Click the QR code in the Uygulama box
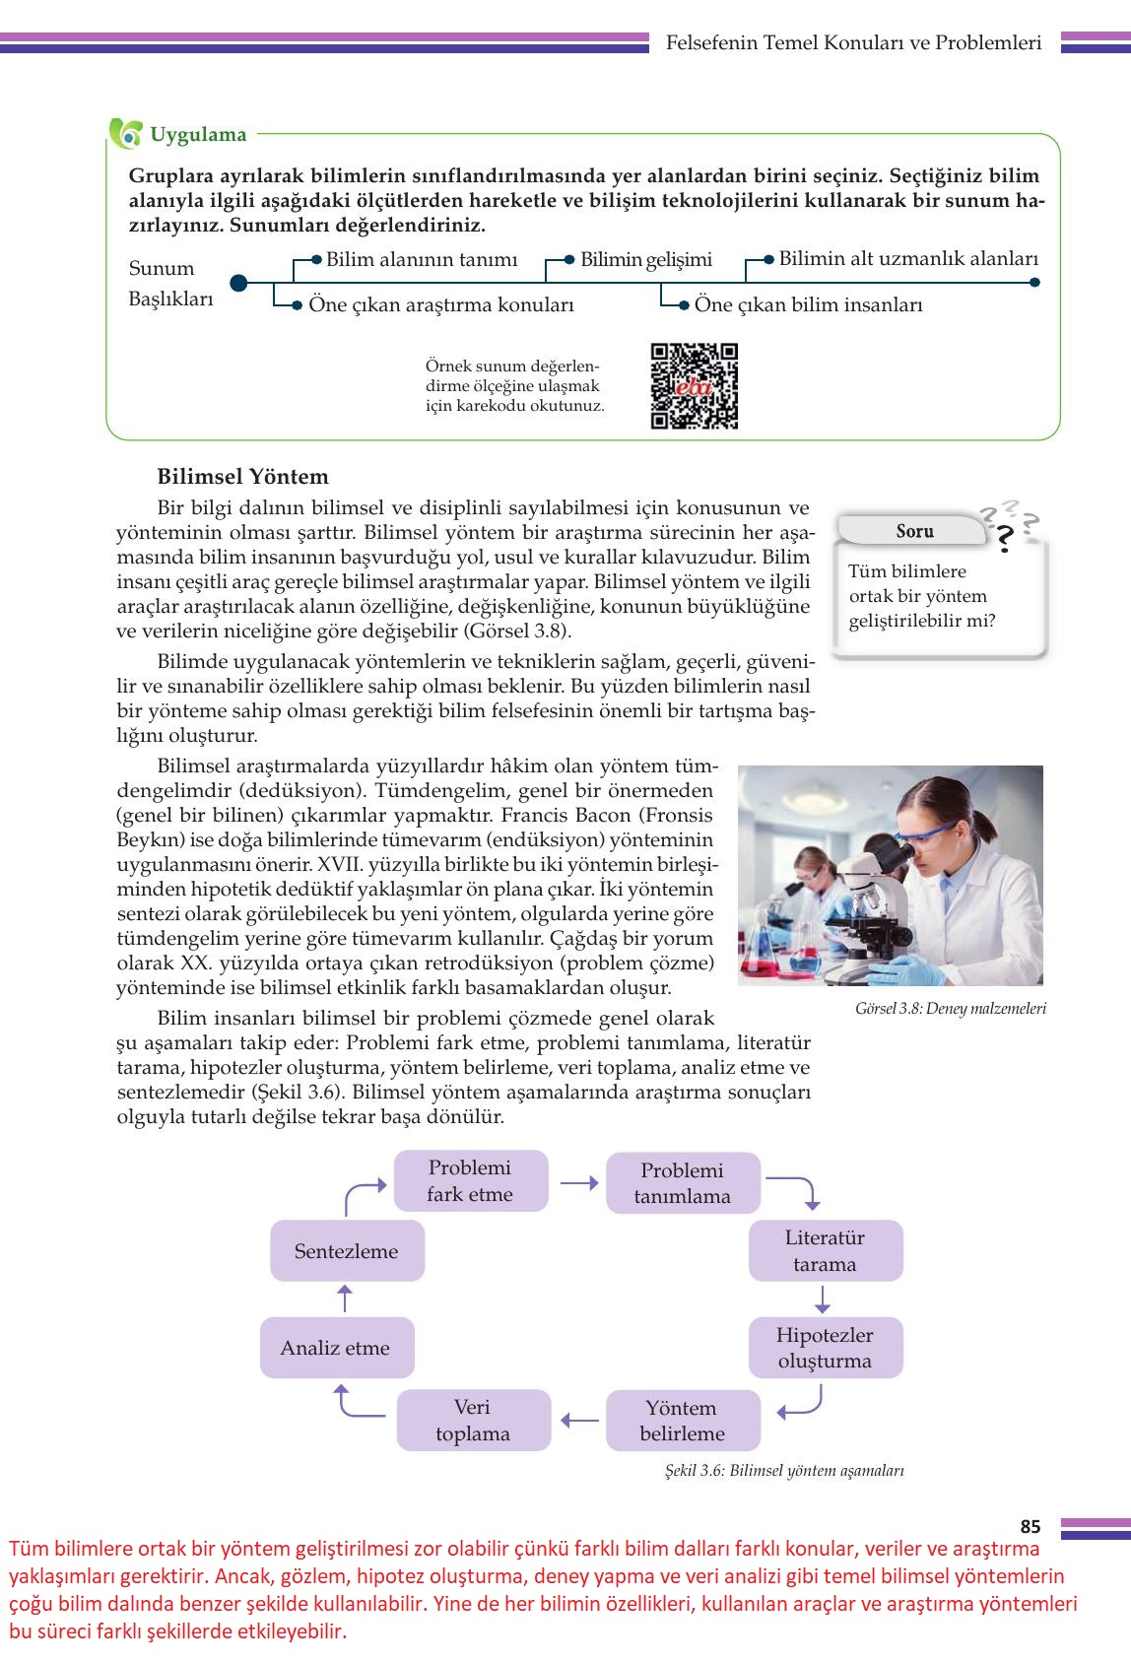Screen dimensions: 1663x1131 (x=695, y=386)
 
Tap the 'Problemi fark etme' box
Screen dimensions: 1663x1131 (x=470, y=1181)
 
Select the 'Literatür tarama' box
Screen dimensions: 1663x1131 (x=825, y=1251)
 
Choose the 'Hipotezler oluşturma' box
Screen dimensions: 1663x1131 (x=825, y=1348)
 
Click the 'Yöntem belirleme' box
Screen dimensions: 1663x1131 (x=682, y=1421)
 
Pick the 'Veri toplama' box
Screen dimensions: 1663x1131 (x=473, y=1421)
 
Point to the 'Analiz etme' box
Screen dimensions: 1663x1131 (x=336, y=1348)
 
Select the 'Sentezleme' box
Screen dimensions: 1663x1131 (x=347, y=1251)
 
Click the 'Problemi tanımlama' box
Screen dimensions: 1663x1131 (x=682, y=1183)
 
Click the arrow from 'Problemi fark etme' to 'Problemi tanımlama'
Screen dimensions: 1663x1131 (x=578, y=1182)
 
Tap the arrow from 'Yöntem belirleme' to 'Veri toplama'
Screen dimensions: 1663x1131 (x=579, y=1421)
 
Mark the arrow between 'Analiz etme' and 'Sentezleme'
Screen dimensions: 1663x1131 (x=344, y=1298)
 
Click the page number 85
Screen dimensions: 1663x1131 (x=1030, y=1527)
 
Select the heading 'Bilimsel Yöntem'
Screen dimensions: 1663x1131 (x=242, y=477)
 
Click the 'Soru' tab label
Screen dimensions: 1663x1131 (x=914, y=531)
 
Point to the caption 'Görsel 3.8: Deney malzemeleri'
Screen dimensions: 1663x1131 (x=951, y=1009)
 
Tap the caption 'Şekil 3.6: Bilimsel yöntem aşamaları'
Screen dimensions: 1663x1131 (x=784, y=1471)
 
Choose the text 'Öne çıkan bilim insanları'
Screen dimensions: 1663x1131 (x=808, y=305)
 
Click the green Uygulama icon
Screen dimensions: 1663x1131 (x=125, y=134)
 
